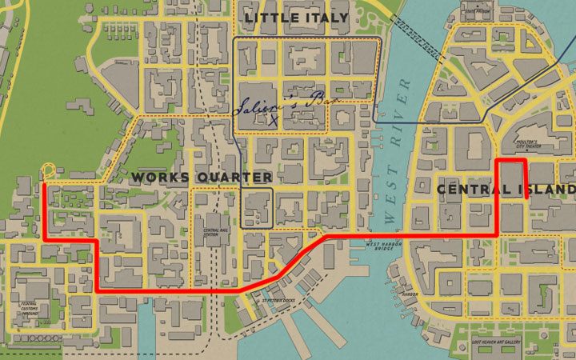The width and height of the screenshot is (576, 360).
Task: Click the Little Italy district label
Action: point(296,17)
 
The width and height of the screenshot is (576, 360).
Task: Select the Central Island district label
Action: point(506,190)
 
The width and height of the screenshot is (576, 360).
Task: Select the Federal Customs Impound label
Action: point(29,308)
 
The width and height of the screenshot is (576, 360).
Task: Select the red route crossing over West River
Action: point(376,236)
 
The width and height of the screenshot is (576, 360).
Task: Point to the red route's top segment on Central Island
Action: point(511,162)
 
